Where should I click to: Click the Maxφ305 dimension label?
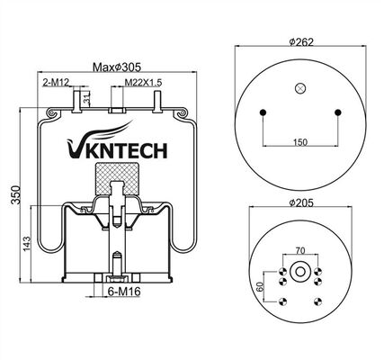117,67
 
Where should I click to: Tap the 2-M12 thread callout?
56,82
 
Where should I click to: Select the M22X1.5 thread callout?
143,82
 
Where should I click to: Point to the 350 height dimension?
15,195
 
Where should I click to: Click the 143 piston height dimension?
27,244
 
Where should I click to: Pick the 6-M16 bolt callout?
124,292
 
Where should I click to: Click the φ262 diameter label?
301,42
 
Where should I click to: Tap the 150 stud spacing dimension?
299,142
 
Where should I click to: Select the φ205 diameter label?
301,203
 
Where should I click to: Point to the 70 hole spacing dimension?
300,250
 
